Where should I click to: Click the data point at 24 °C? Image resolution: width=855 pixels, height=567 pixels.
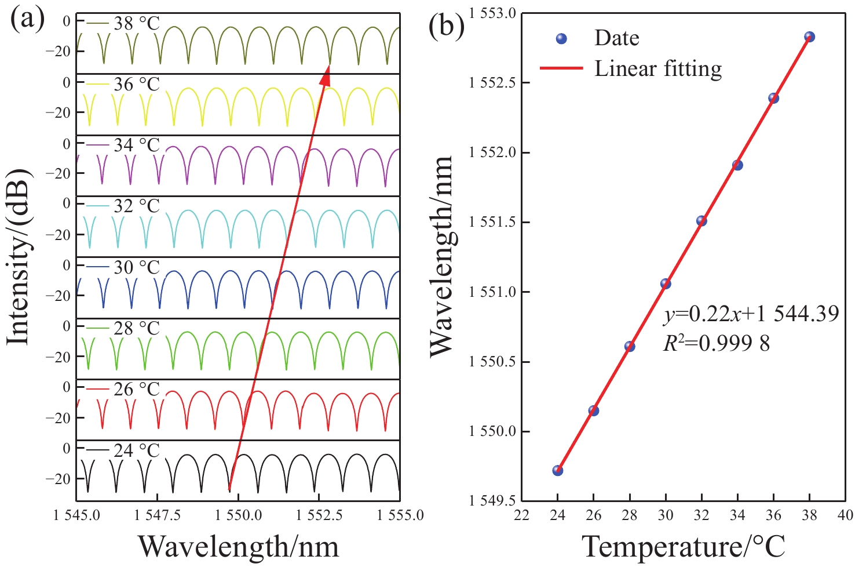557,470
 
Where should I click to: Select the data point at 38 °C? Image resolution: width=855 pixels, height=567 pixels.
810,37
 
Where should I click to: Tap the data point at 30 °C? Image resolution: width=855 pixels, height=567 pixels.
666,283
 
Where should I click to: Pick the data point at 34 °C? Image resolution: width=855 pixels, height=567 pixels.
737,165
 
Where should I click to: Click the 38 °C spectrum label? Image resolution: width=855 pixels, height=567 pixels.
137,24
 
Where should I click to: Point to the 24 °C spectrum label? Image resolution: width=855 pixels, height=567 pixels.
137,450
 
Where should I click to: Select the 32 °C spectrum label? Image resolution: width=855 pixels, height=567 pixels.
137,206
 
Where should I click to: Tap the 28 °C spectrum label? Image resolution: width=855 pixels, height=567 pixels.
137,328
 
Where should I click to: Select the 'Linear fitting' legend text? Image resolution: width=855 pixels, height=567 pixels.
658,68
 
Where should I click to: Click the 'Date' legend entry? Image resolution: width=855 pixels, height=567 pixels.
616,38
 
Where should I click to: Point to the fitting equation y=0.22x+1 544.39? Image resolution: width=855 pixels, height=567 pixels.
751,315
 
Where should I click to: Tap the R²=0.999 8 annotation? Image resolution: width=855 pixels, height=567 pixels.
717,344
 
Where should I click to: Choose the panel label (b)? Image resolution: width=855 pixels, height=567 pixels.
446,26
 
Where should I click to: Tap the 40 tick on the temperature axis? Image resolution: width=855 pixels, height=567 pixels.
845,515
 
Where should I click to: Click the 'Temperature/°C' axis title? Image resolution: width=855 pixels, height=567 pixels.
684,547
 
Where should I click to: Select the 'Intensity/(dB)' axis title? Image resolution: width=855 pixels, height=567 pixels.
19,257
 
